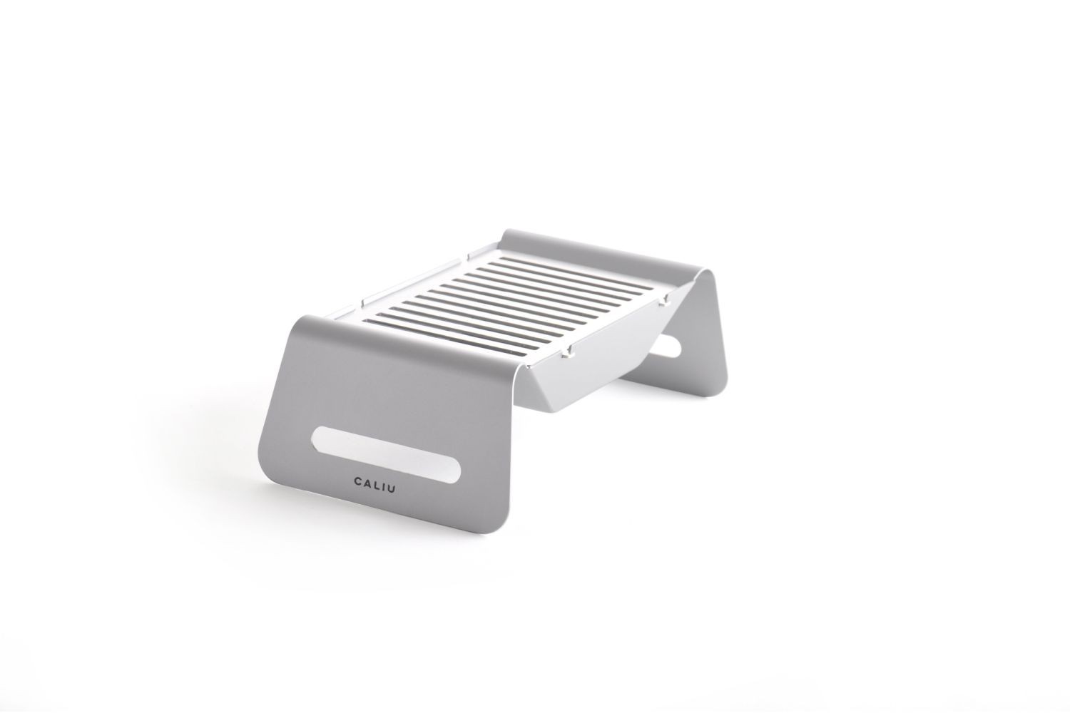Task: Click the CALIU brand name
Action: coord(374,485)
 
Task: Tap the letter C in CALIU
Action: coord(357,483)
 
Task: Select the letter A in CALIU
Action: coord(367,483)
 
